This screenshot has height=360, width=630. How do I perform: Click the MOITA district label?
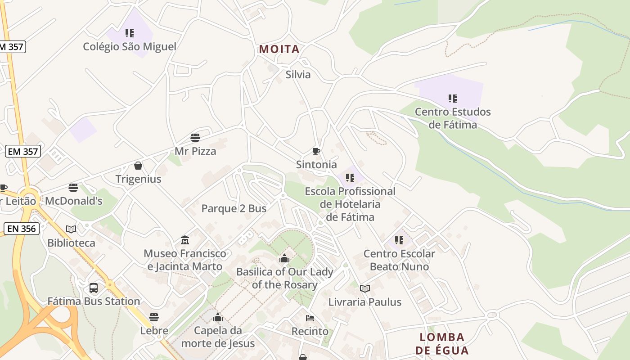(279, 49)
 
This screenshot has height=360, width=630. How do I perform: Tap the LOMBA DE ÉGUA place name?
(442, 344)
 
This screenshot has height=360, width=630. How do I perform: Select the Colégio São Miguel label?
(130, 46)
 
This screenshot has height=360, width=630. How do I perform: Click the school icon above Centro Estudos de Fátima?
(453, 98)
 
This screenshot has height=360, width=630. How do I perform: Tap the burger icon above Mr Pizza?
(195, 137)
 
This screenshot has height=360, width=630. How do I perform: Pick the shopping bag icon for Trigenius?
(138, 166)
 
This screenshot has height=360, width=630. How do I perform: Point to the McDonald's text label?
(74, 201)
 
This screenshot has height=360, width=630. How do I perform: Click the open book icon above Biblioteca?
(71, 229)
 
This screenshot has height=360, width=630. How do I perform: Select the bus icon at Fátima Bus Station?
(94, 288)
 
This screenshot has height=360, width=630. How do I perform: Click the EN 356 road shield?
(22, 229)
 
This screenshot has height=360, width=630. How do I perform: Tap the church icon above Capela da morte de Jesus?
(218, 317)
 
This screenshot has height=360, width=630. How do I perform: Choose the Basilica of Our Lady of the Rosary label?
(284, 278)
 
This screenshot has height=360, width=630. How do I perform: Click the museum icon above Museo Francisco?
(185, 240)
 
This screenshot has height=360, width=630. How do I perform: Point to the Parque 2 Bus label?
(234, 208)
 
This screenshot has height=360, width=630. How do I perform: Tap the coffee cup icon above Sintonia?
(316, 151)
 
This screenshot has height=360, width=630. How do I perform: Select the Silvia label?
(298, 74)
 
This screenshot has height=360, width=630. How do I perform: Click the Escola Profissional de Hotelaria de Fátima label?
(350, 204)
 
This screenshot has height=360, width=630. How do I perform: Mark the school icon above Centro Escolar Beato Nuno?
(399, 240)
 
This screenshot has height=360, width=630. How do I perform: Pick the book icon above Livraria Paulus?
(365, 288)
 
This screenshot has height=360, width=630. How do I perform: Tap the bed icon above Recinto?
(310, 318)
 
